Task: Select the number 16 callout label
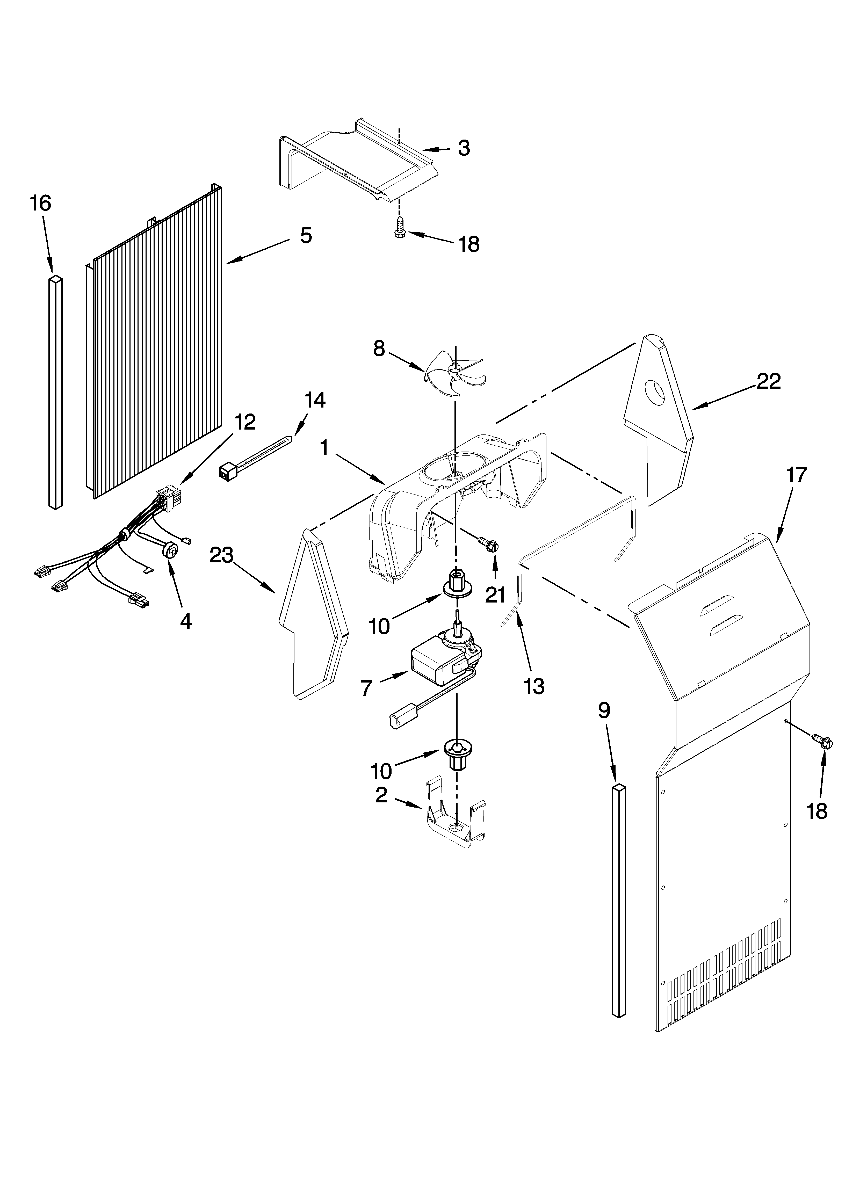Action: (41, 203)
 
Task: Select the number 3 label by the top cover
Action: (464, 148)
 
